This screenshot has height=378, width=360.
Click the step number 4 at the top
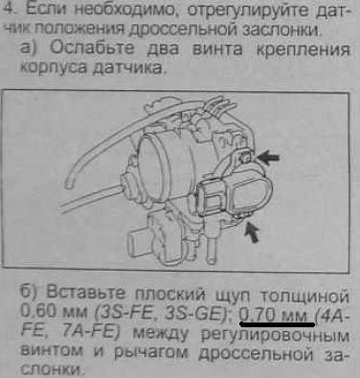(x=8, y=10)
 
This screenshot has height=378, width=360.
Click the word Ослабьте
(x=92, y=48)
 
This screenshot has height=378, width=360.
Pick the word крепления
(x=303, y=51)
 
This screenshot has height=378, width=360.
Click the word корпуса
(x=54, y=68)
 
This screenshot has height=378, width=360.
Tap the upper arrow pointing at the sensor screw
(x=268, y=158)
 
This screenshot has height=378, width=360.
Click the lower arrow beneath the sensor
(x=251, y=233)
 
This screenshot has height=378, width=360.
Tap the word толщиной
(x=304, y=296)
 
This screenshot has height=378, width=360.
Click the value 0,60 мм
(x=55, y=311)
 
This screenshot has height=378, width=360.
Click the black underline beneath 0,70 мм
(x=278, y=324)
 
